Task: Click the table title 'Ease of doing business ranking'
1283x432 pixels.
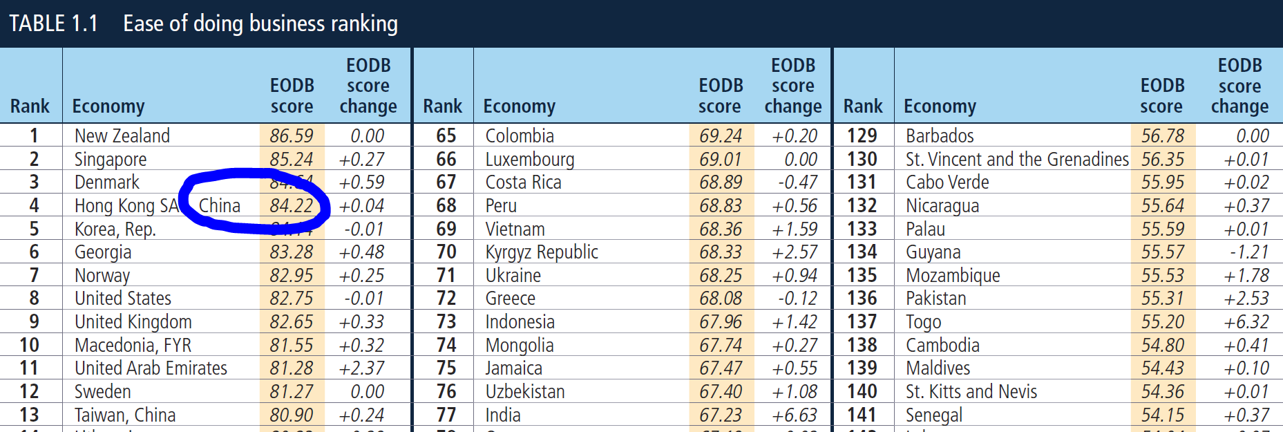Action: click(260, 24)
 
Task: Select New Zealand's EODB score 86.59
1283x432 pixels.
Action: click(292, 135)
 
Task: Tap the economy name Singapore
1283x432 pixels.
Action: click(111, 159)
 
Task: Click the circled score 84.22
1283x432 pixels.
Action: click(292, 205)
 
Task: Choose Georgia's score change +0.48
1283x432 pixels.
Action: click(362, 252)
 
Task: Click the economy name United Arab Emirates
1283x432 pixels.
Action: click(151, 368)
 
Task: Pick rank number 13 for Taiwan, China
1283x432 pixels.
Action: click(29, 415)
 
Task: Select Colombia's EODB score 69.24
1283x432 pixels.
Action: click(721, 135)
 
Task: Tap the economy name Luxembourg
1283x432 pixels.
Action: click(530, 159)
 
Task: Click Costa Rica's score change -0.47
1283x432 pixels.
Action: click(797, 182)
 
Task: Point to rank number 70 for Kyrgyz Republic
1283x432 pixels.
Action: click(446, 252)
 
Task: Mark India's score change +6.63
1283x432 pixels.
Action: click(795, 415)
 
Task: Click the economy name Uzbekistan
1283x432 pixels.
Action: click(525, 391)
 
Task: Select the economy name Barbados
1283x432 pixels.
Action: click(940, 135)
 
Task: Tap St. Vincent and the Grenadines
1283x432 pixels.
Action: click(1017, 159)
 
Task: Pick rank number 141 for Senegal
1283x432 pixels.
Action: click(862, 415)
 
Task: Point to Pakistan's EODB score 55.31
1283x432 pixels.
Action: click(1163, 298)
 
